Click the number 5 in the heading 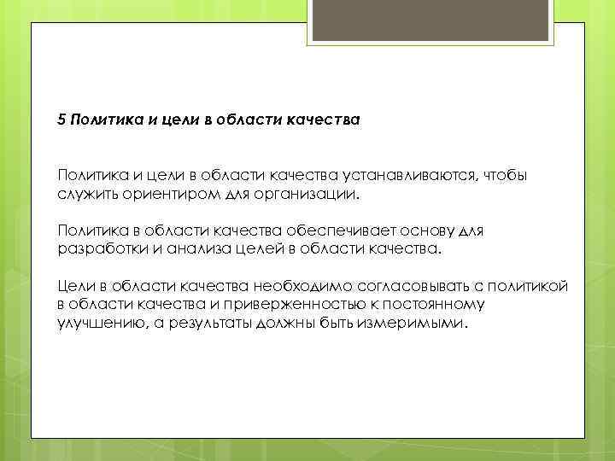point(62,120)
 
